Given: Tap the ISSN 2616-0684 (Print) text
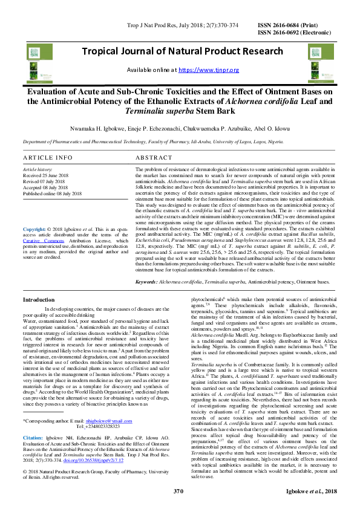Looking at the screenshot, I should click(x=290, y=25).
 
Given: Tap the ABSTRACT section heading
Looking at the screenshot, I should click(x=154, y=157).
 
